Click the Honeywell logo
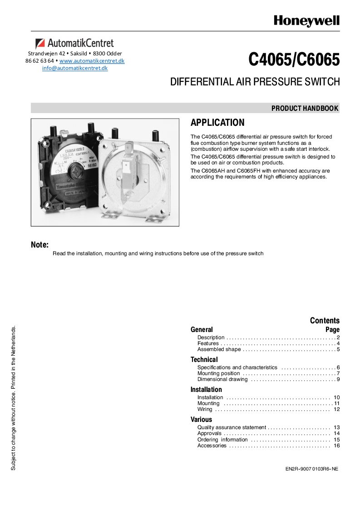[x=306, y=21]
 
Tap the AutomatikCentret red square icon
[x=40, y=44]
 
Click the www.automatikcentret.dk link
[x=92, y=61]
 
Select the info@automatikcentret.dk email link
[x=75, y=68]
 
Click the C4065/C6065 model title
[x=294, y=59]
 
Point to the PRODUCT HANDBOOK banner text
[x=305, y=108]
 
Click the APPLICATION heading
[x=217, y=123]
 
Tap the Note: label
[x=39, y=245]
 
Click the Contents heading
[x=325, y=321]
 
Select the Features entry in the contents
[x=208, y=344]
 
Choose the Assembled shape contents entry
[x=219, y=350]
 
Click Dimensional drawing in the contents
[x=222, y=379]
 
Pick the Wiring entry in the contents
[x=205, y=409]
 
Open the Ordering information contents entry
[x=222, y=440]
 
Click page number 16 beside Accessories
[x=336, y=446]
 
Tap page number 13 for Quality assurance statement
[x=336, y=427]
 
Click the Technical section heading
[x=204, y=360]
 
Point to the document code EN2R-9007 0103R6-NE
[x=308, y=469]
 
